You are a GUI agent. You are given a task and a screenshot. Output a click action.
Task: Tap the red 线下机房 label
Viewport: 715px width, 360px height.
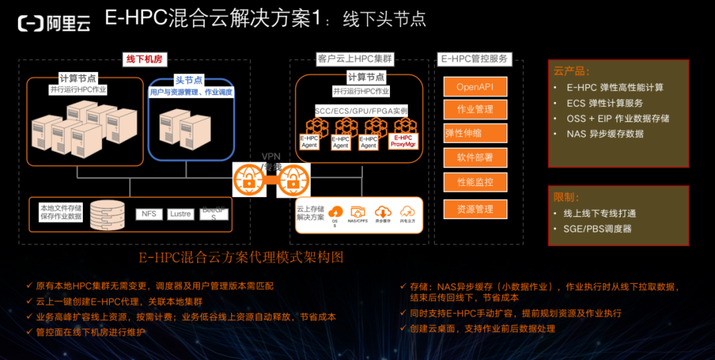tap(144, 60)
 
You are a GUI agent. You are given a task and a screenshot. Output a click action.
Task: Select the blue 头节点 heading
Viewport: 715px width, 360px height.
tap(189, 79)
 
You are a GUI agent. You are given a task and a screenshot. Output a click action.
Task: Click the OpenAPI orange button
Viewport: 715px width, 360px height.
tap(475, 87)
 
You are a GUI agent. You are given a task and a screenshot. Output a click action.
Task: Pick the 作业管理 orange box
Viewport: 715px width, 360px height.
tap(475, 109)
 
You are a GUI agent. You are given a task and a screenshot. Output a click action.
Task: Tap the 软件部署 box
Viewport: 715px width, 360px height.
tap(475, 157)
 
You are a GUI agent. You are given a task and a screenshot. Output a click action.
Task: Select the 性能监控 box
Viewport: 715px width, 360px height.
tap(475, 182)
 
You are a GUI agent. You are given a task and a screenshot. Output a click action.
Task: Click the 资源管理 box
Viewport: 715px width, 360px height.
tap(475, 209)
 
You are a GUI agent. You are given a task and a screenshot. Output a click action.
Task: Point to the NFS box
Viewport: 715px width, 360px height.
tap(149, 214)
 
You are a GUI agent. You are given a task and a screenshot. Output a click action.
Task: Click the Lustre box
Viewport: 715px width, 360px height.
tap(180, 214)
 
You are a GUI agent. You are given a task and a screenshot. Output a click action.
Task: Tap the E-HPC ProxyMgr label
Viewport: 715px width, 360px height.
tap(403, 141)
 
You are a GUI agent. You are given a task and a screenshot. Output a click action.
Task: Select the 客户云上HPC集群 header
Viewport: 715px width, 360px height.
tap(355, 59)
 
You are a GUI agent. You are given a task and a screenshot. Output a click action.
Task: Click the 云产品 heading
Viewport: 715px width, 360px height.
tap(571, 71)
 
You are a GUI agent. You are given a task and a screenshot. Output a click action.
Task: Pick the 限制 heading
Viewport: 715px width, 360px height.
tap(567, 197)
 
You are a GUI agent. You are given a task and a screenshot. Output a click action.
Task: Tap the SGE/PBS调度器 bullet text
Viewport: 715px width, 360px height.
tap(597, 229)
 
